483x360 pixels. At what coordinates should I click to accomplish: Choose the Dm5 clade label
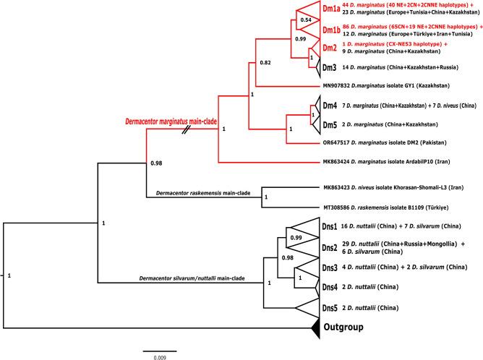coord(330,123)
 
